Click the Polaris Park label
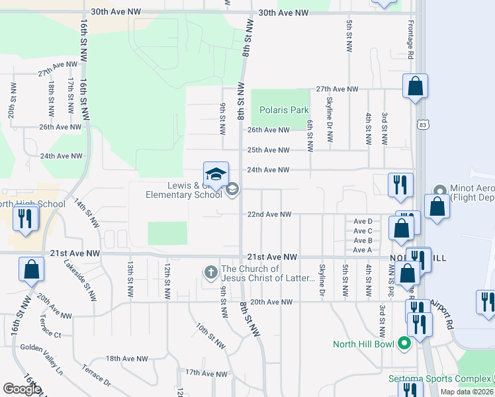(284, 110)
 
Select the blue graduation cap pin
(216, 175)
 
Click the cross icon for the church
(210, 272)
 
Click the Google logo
(22, 389)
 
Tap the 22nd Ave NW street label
(269, 214)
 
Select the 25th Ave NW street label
(269, 150)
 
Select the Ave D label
(363, 221)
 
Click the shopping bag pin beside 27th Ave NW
(415, 87)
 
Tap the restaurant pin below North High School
(25, 219)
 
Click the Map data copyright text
(466, 392)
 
